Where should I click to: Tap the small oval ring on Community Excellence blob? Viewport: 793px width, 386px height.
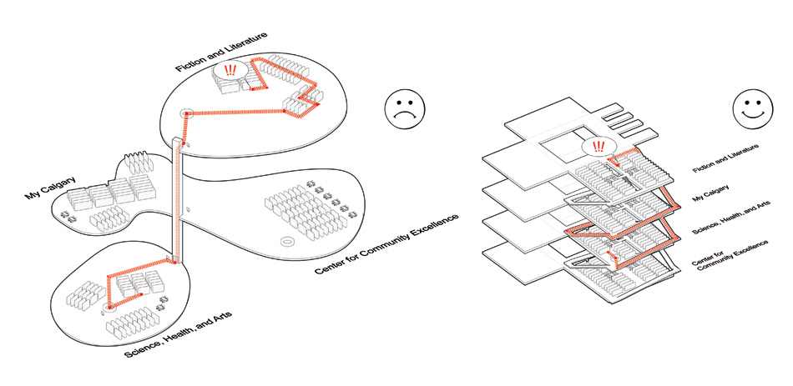pos(286,243)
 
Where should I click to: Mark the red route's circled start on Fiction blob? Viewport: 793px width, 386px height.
pos(186,113)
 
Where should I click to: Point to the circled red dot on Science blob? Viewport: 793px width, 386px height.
pos(109,308)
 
